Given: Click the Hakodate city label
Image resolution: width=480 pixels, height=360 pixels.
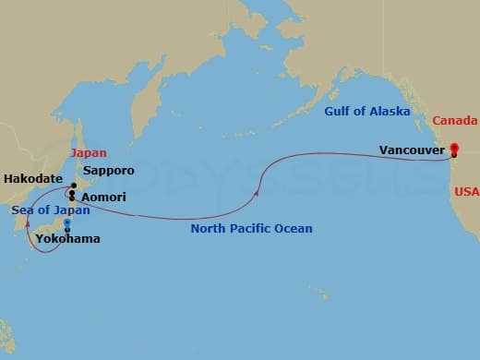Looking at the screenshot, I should pyautogui.click(x=32, y=178).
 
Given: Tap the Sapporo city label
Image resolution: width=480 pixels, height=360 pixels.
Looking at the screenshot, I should pyautogui.click(x=108, y=171).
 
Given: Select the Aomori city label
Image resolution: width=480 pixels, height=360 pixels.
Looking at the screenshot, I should pyautogui.click(x=103, y=198).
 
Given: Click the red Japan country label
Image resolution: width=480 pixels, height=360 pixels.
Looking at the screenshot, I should pyautogui.click(x=89, y=153).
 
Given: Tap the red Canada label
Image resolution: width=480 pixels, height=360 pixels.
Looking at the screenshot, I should pyautogui.click(x=455, y=121).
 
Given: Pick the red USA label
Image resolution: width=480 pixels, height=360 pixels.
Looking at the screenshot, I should pyautogui.click(x=465, y=192).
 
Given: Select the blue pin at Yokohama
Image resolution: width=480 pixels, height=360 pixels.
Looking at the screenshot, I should pyautogui.click(x=66, y=222).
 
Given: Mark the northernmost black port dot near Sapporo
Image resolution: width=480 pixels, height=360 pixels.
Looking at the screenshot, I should pyautogui.click(x=73, y=186).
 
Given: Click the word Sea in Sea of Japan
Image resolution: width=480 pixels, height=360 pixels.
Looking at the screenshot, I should pyautogui.click(x=23, y=210).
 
